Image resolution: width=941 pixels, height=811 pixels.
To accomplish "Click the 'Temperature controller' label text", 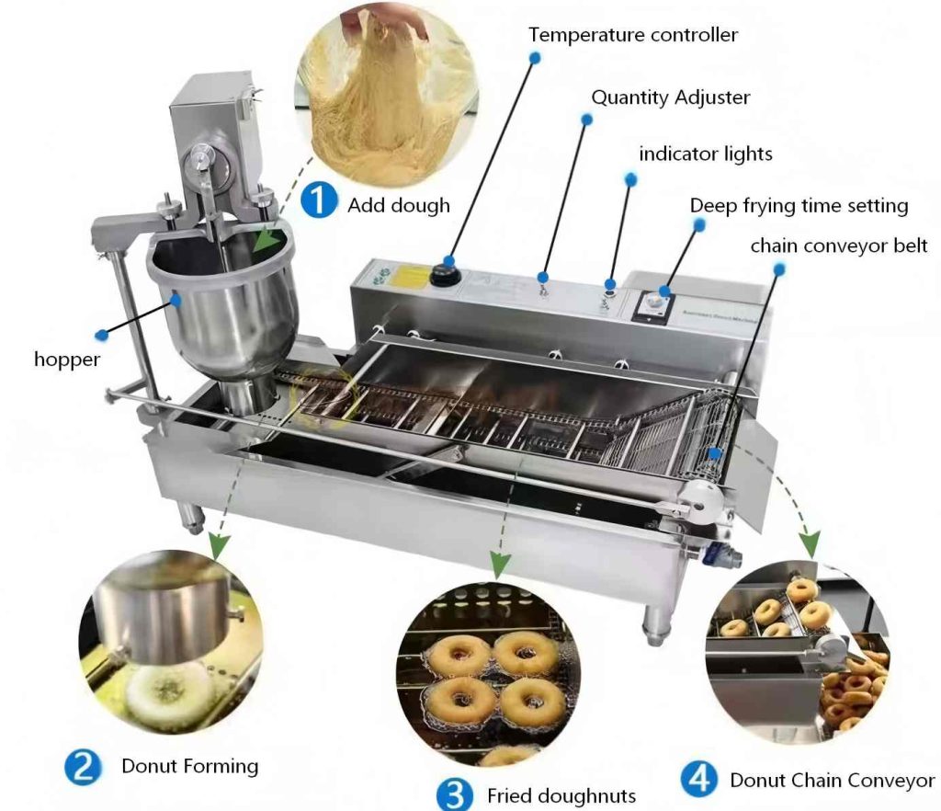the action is point(633,35).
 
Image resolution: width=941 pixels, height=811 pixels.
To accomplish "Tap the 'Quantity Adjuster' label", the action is point(670,97).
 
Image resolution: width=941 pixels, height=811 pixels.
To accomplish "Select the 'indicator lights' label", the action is point(705,154).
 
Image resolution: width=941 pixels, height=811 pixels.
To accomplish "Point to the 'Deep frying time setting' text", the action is point(799,206).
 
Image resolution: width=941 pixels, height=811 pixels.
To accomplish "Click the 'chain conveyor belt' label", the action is point(839,246).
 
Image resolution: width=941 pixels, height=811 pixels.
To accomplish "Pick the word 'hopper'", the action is point(66,360).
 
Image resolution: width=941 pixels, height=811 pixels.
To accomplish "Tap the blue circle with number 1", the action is point(319,200).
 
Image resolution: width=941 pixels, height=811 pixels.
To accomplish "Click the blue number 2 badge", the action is point(83,767).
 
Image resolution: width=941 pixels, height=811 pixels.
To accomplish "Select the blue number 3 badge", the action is point(455,794).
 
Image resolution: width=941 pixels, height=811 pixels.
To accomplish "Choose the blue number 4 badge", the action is point(699,779).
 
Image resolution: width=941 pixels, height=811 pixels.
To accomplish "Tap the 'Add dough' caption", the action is point(399,206).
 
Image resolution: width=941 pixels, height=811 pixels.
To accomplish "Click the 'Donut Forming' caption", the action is point(189,766).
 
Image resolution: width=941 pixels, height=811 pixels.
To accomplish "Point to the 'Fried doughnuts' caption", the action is point(561,796).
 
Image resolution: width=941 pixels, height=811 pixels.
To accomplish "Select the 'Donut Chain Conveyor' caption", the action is point(833,781).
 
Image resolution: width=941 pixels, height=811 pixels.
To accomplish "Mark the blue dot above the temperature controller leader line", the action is point(535,58).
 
